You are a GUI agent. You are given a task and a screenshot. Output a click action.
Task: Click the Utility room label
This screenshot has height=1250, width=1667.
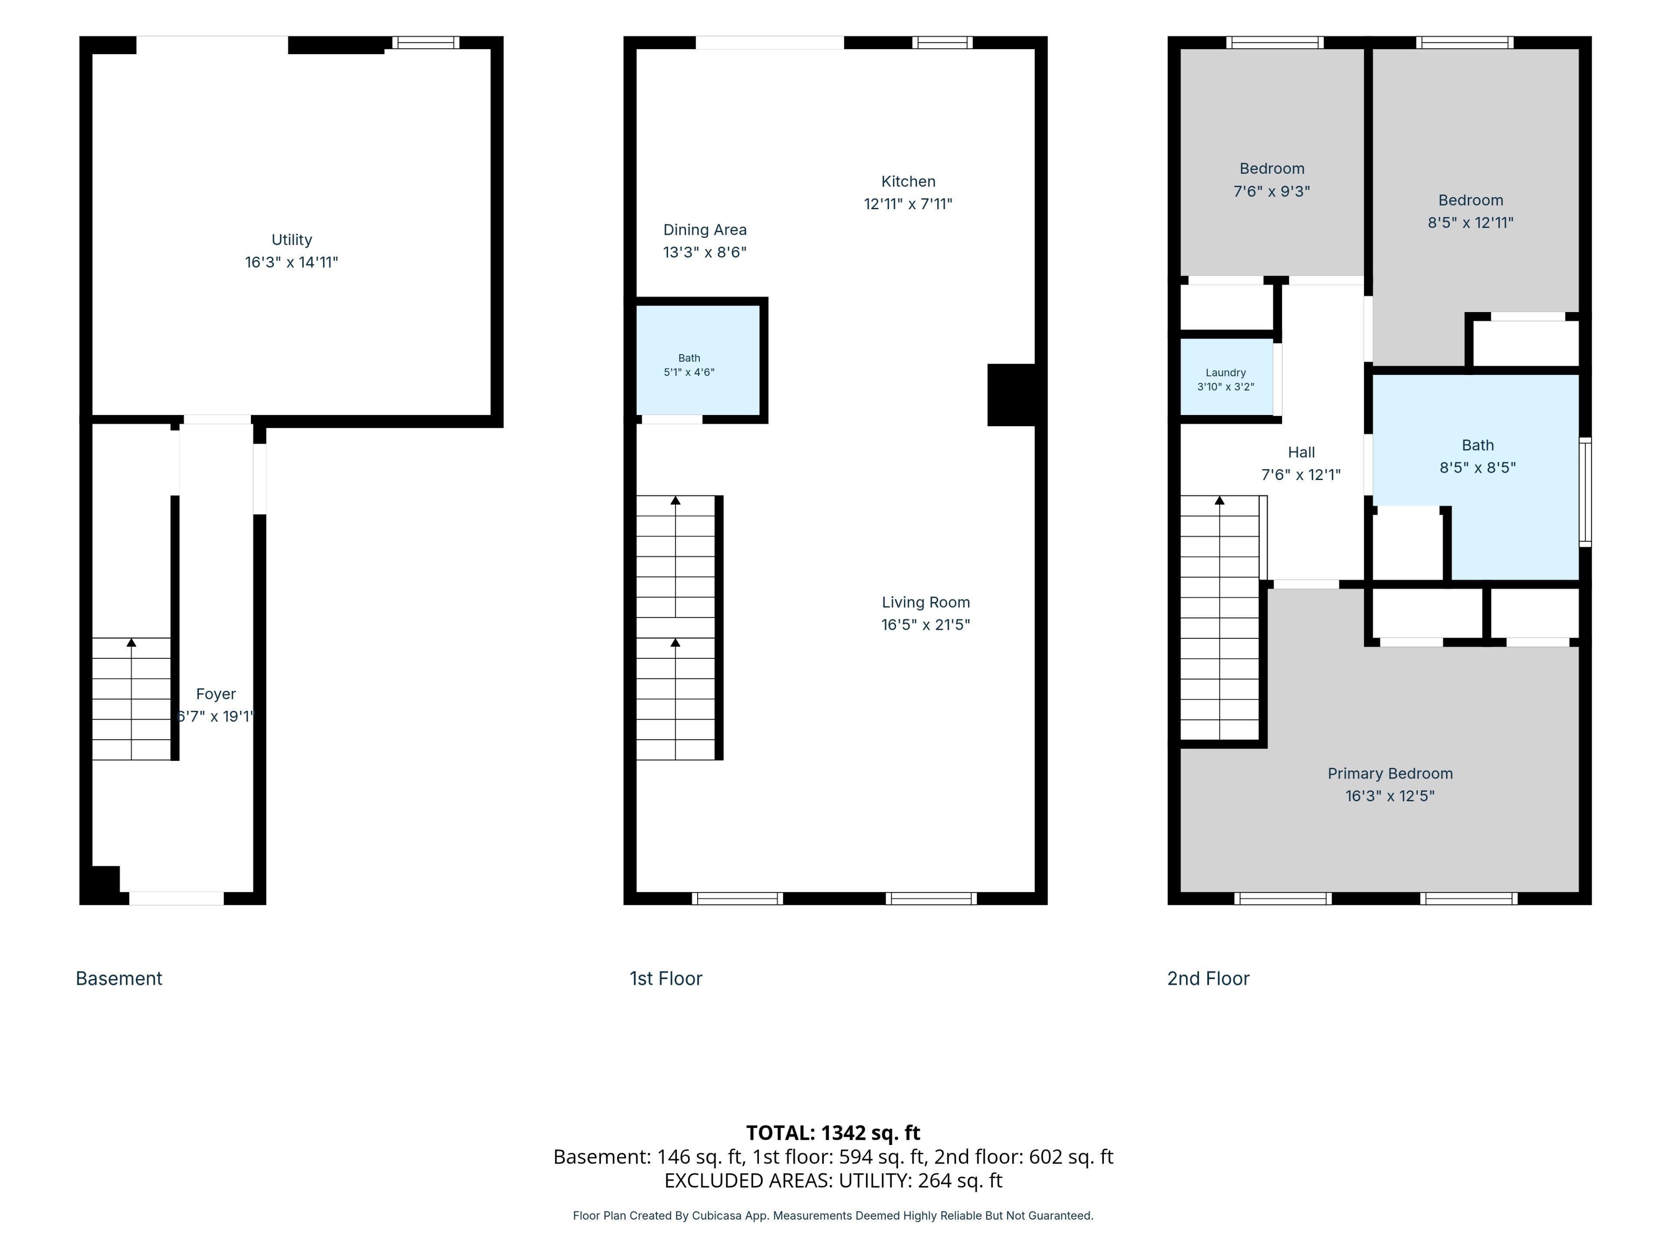pyautogui.click(x=292, y=240)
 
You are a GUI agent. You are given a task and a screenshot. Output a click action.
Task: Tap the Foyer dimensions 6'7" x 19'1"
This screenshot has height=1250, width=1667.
pyautogui.click(x=215, y=717)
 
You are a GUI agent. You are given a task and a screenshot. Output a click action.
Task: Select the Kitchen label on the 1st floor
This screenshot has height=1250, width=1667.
pyautogui.click(x=908, y=181)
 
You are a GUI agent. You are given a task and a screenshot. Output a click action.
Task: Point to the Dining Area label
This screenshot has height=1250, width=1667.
pyautogui.click(x=705, y=230)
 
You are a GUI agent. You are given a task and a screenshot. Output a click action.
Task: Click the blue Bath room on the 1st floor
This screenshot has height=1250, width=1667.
pyautogui.click(x=698, y=359)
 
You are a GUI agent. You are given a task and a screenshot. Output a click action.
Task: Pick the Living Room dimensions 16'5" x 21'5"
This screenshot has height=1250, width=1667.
pyautogui.click(x=926, y=625)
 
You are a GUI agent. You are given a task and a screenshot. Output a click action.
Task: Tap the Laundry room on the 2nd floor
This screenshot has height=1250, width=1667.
pyautogui.click(x=1226, y=377)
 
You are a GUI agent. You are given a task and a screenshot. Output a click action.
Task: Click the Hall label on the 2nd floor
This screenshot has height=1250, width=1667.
pyautogui.click(x=1301, y=452)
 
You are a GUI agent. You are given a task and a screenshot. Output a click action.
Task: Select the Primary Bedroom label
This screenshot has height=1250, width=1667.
pyautogui.click(x=1390, y=774)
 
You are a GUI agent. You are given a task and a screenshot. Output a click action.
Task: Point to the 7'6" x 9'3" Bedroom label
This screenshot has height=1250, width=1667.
pyautogui.click(x=1272, y=169)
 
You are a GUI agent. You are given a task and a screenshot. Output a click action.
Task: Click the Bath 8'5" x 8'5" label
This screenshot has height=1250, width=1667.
pyautogui.click(x=1478, y=445)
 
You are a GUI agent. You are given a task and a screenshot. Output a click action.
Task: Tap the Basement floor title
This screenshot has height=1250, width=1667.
pyautogui.click(x=119, y=979)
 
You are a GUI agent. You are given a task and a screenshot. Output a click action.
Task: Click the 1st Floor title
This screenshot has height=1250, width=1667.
pyautogui.click(x=665, y=979)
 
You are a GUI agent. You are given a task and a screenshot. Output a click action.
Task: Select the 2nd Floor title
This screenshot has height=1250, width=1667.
pyautogui.click(x=1208, y=979)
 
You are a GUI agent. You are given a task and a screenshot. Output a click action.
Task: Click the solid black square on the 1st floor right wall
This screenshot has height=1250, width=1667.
pyautogui.click(x=1011, y=395)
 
